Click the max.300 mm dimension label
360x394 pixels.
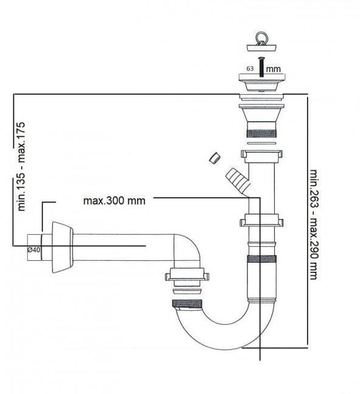114,201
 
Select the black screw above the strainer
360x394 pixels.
260,65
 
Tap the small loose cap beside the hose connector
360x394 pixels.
213,159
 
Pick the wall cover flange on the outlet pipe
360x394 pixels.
61,246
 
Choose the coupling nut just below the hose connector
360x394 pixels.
262,220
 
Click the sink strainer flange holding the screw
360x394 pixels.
260,80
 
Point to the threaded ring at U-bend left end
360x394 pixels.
189,303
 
